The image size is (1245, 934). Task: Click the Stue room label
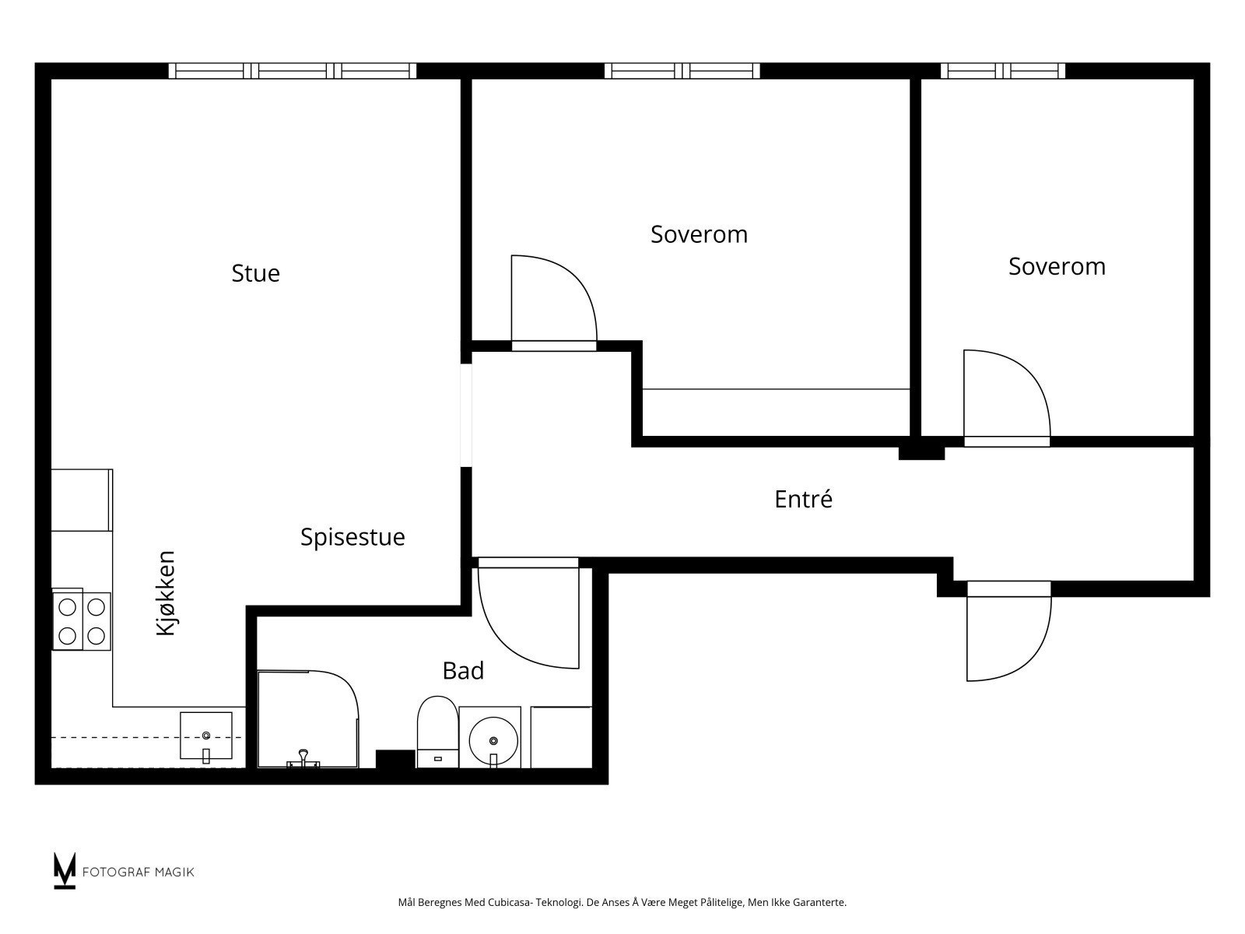255,273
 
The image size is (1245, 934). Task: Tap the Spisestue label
352,538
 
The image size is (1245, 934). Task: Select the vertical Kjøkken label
166,593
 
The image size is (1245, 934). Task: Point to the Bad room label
463,671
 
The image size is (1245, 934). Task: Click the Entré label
803,499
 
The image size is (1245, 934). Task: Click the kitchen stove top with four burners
82,621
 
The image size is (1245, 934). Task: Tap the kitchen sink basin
206,736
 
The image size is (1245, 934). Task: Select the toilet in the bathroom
437,732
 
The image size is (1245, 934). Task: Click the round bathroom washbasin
493,741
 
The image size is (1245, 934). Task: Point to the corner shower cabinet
308,720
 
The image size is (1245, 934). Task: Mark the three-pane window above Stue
293,71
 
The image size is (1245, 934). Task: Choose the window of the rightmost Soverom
1003,71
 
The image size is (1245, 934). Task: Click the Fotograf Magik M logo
65,870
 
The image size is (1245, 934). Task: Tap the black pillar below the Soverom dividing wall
922,453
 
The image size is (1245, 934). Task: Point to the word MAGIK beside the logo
176,873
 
